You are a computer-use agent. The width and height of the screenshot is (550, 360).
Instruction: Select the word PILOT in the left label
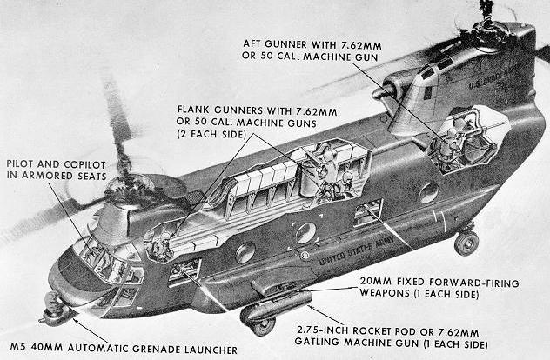tap(23, 163)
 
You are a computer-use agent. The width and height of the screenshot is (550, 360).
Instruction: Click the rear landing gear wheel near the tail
tap(466, 243)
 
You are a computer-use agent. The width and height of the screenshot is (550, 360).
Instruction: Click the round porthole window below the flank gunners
tap(305, 233)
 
